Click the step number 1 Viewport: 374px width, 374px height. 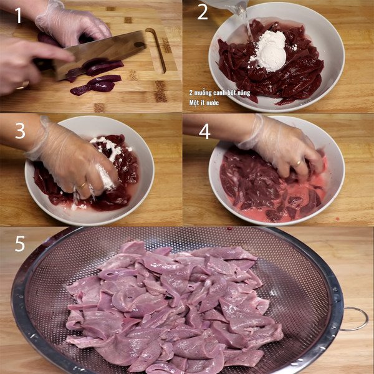[x=18, y=15]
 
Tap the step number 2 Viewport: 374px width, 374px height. [x=203, y=12]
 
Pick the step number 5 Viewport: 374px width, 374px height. [x=20, y=243]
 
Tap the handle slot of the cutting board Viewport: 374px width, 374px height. [x=156, y=50]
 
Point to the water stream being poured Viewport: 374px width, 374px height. [x=248, y=25]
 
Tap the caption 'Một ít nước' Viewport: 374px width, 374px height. [x=206, y=101]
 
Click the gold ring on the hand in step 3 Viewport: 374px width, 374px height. [x=82, y=185]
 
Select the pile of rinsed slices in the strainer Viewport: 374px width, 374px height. [x=175, y=305]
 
